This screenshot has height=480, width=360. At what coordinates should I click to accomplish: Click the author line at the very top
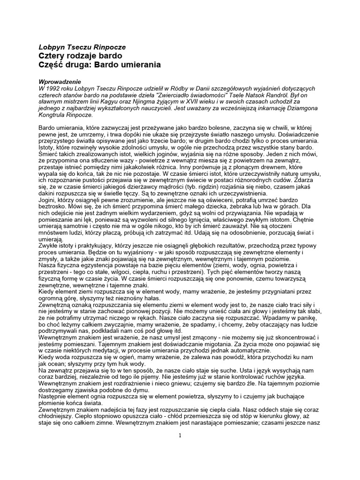82,47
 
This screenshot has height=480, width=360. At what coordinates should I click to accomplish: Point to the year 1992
56,89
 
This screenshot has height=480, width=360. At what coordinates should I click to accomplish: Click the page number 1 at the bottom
180,435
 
